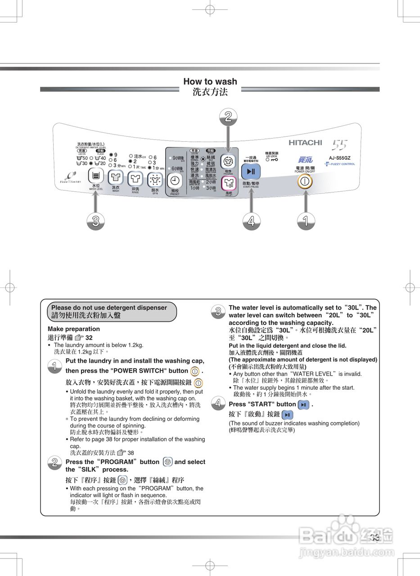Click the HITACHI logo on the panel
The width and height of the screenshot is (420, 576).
pyautogui.click(x=305, y=143)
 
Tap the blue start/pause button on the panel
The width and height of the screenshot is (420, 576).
pyautogui.click(x=251, y=171)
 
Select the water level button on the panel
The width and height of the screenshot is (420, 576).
pyautogui.click(x=95, y=176)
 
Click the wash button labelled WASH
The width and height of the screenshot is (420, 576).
pyautogui.click(x=116, y=178)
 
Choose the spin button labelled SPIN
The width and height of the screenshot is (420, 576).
pyautogui.click(x=155, y=179)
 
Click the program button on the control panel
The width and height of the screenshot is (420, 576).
pyautogui.click(x=228, y=162)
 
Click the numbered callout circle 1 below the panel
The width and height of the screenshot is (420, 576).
pyautogui.click(x=306, y=221)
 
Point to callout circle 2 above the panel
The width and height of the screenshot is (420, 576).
pyautogui.click(x=228, y=117)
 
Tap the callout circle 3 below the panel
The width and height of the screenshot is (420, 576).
pyautogui.click(x=95, y=221)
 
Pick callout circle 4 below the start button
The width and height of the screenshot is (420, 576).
pyautogui.click(x=251, y=221)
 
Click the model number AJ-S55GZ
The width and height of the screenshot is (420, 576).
pyautogui.click(x=339, y=158)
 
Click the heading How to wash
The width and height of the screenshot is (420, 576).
pyautogui.click(x=210, y=81)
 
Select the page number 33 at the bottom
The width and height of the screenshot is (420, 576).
pyautogui.click(x=375, y=537)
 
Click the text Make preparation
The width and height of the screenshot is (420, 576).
pyautogui.click(x=74, y=329)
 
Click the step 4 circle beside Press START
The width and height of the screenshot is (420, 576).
pyautogui.click(x=218, y=404)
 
